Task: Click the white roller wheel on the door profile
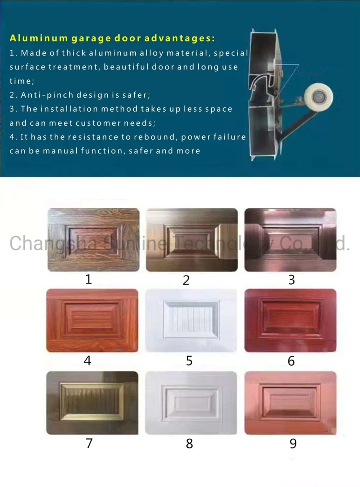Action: (x=318, y=97)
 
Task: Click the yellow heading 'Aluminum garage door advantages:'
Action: (x=112, y=38)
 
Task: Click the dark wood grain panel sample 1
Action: (x=94, y=240)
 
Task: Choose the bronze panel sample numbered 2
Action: (x=192, y=240)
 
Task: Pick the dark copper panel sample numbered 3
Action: (x=290, y=240)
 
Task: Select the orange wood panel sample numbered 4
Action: (x=92, y=320)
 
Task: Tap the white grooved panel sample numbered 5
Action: (x=191, y=320)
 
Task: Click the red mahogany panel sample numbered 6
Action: (x=290, y=320)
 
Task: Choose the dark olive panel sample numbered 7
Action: (x=92, y=402)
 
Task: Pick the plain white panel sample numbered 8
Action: (x=191, y=402)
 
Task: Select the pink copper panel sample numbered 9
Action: (x=290, y=402)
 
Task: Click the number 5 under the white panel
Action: (x=189, y=361)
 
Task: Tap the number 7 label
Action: (x=89, y=443)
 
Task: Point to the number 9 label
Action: (x=293, y=443)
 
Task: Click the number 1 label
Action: (x=89, y=279)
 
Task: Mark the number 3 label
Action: (x=292, y=280)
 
